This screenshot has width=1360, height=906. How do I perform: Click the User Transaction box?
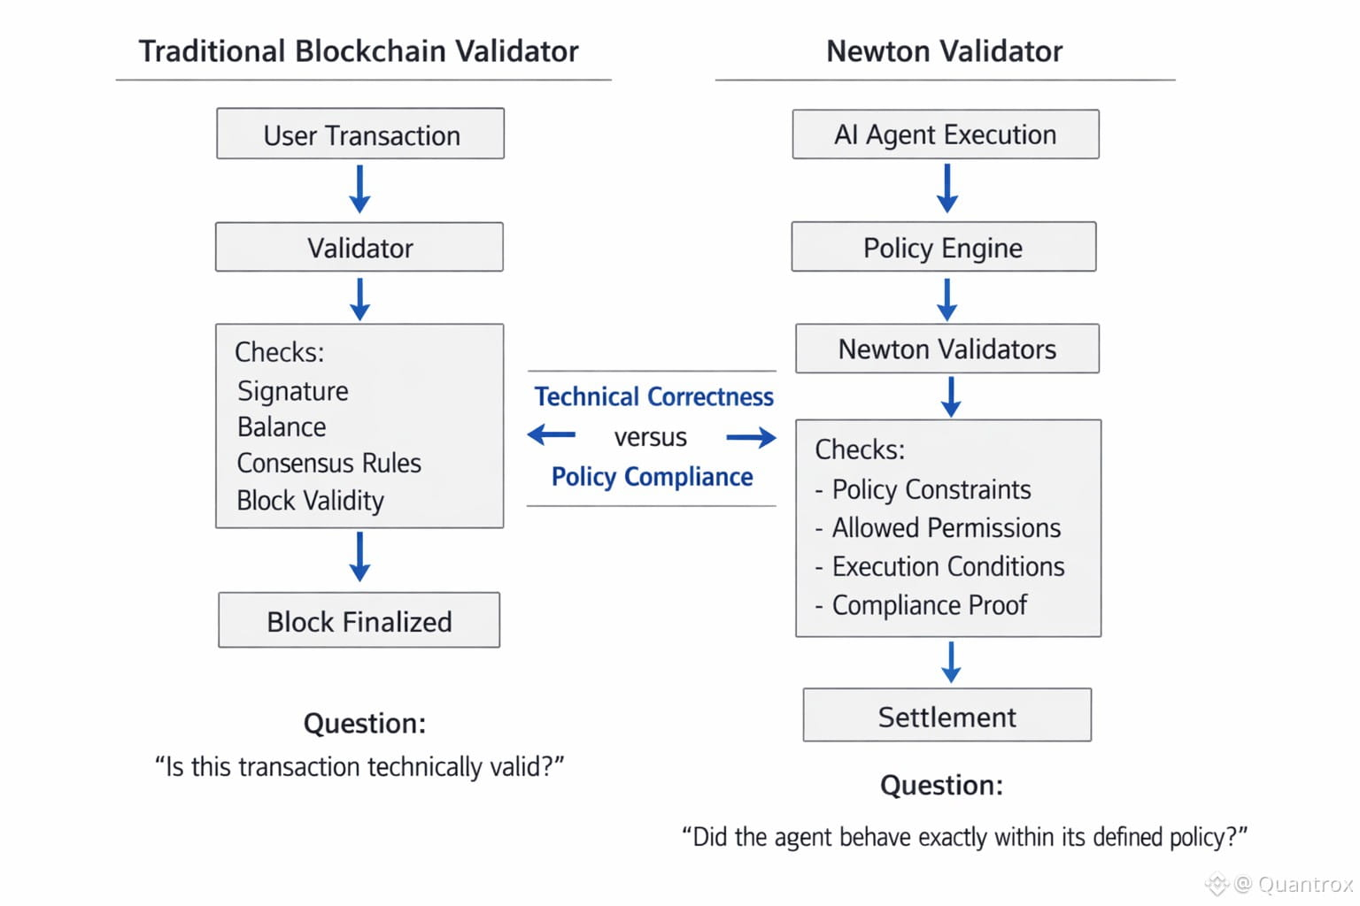[360, 134]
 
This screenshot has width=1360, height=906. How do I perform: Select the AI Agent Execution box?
[946, 134]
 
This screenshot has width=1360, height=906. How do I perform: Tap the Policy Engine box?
[944, 246]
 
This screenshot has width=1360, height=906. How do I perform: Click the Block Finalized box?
[359, 620]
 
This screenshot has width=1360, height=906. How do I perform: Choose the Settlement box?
[947, 715]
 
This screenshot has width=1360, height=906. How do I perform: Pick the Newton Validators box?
[947, 349]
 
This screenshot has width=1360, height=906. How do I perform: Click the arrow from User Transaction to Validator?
[359, 188]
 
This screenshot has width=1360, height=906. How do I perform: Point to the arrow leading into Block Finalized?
[359, 557]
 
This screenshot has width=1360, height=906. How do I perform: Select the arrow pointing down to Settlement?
[951, 662]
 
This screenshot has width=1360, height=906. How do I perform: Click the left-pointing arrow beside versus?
[552, 434]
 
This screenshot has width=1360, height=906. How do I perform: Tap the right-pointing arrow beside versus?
[751, 437]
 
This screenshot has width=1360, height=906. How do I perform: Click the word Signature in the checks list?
[293, 391]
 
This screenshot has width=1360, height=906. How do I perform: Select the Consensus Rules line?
[328, 463]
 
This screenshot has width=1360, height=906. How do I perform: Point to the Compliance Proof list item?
[921, 605]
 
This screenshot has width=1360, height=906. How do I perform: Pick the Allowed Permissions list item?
[938, 528]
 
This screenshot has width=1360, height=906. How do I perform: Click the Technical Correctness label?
[654, 397]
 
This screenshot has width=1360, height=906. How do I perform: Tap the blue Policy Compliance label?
[652, 477]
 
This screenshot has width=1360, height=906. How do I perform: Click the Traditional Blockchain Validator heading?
[359, 51]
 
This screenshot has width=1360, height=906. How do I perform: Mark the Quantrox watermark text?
[1305, 884]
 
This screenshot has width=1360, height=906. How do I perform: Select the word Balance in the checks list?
[282, 427]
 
